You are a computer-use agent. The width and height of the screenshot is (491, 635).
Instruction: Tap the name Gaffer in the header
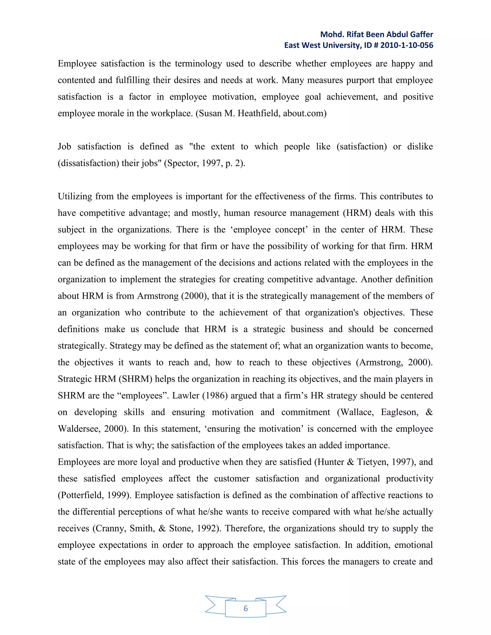point(421,35)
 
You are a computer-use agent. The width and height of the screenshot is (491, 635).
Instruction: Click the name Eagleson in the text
point(400,412)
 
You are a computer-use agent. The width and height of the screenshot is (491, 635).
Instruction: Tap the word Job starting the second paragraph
point(64,147)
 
